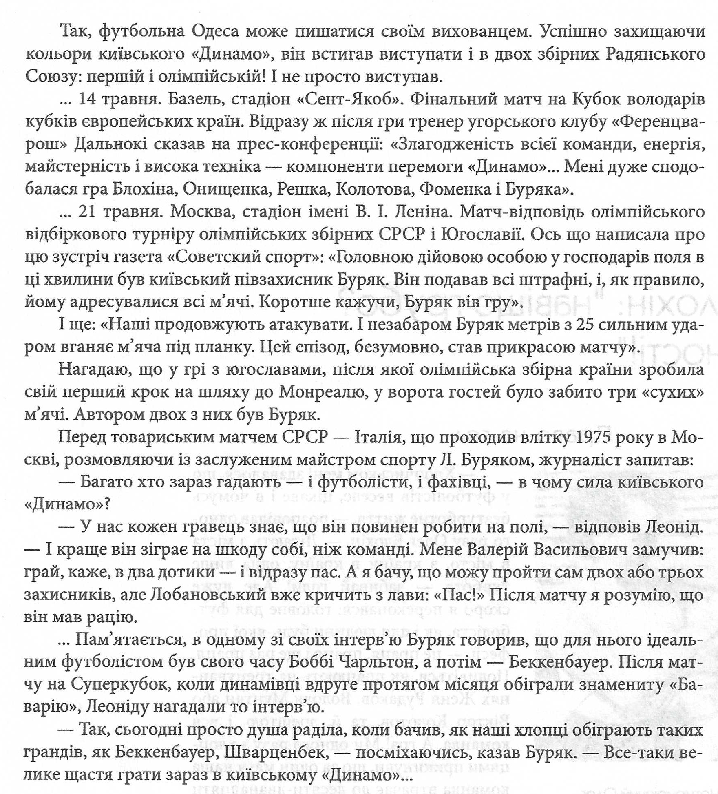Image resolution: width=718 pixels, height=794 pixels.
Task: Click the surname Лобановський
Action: pos(216,595)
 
